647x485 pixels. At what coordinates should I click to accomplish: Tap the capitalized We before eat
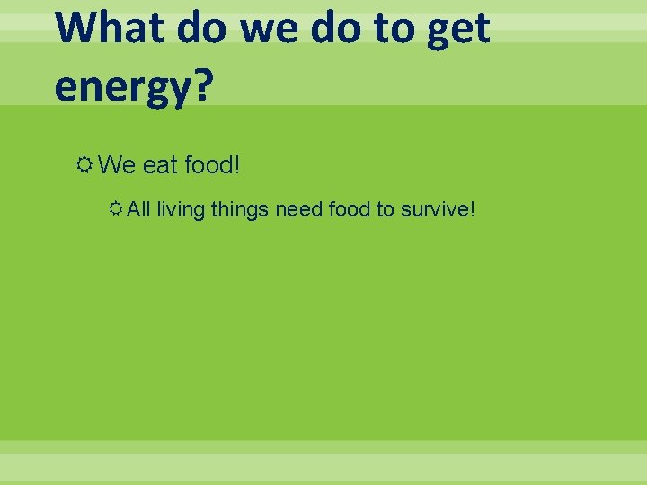[117, 164]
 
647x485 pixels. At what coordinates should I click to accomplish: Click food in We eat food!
[211, 164]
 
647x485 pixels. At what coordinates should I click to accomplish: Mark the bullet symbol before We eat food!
[84, 164]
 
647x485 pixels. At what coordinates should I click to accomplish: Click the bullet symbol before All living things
[115, 210]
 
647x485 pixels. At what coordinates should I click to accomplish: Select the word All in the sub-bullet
[139, 210]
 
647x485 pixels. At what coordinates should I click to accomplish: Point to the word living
[182, 210]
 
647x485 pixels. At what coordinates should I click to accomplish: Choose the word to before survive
[386, 210]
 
